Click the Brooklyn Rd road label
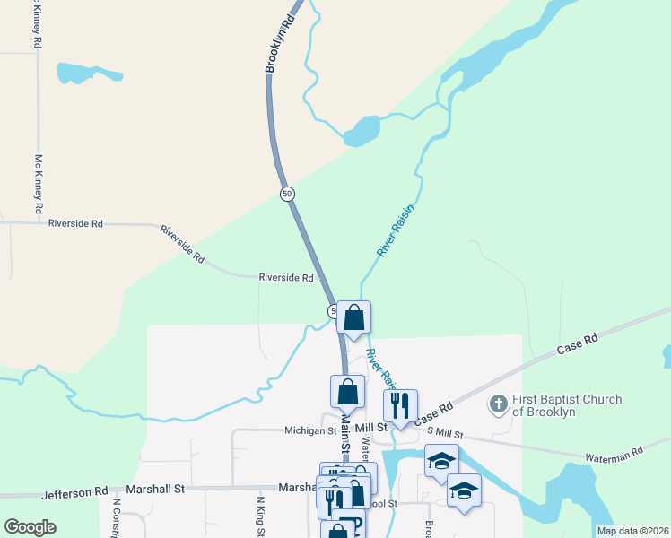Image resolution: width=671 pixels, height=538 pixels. (x=280, y=43)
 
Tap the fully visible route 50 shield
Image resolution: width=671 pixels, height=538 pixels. (x=287, y=194)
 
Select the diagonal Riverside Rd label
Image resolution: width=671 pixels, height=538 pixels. (x=182, y=244)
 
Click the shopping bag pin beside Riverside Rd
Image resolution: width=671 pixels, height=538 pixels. (x=354, y=317)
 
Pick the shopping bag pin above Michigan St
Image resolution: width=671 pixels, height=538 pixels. (x=347, y=392)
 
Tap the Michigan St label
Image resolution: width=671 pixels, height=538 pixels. (x=286, y=430)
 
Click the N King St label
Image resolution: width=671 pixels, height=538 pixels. (x=261, y=517)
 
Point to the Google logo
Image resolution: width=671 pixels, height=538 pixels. (x=30, y=527)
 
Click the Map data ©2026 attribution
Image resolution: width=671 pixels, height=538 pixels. (x=632, y=531)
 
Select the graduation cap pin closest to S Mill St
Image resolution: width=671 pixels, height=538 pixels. (x=441, y=462)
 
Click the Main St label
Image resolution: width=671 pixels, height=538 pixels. (x=344, y=443)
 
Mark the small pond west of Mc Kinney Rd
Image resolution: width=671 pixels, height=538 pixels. (x=88, y=73)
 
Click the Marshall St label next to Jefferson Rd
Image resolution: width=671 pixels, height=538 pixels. (x=154, y=490)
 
